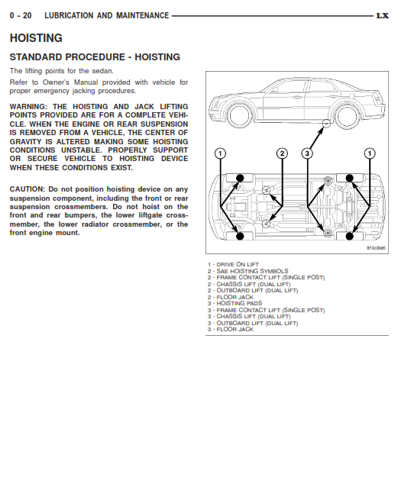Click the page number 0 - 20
[x=21, y=15]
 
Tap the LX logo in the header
[x=383, y=15]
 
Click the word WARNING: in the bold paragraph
[x=28, y=107]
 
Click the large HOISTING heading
[x=36, y=38]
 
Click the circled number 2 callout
[x=282, y=153]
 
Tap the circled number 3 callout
[x=307, y=153]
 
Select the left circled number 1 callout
[x=220, y=153]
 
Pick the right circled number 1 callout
[x=370, y=153]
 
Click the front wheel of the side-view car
[x=239, y=115]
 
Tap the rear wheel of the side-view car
[x=347, y=115]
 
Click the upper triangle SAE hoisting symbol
[x=266, y=190]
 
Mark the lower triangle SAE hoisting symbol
[x=266, y=224]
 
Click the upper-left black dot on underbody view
[x=240, y=179]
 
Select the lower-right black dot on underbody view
[x=350, y=237]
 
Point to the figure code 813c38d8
[x=376, y=248]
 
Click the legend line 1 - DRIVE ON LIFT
[x=233, y=264]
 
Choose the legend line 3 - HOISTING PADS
[x=234, y=303]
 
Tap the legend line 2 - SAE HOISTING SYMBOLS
[x=247, y=271]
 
